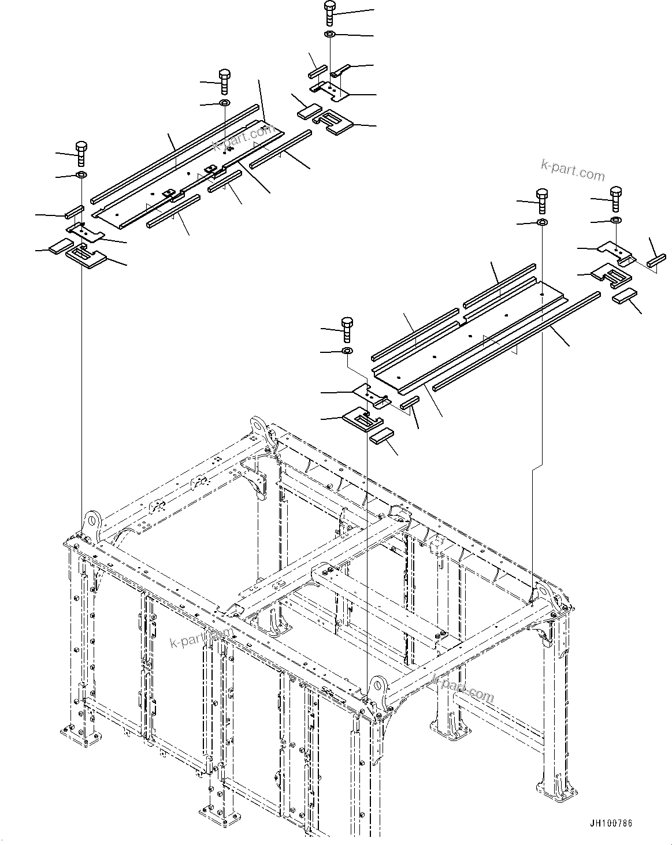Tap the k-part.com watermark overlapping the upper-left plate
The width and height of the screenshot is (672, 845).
click(x=242, y=138)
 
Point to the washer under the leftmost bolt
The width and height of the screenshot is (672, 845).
click(x=81, y=175)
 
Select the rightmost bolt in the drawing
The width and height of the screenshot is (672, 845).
click(x=616, y=199)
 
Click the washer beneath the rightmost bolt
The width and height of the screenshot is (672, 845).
click(x=616, y=221)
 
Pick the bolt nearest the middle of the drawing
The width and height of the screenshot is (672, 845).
click(x=347, y=329)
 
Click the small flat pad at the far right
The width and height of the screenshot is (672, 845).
click(x=624, y=297)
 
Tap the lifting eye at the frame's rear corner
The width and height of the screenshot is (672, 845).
click(x=259, y=428)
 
